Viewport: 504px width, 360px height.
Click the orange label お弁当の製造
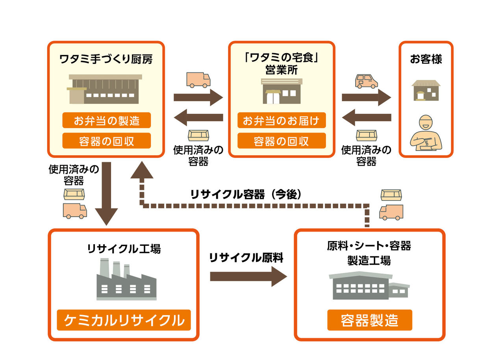(x=106, y=120)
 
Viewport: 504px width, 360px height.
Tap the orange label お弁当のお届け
(x=281, y=120)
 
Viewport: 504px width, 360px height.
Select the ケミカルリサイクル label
(x=124, y=320)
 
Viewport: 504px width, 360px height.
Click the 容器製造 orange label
(x=369, y=320)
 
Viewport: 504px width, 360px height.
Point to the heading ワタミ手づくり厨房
(x=106, y=59)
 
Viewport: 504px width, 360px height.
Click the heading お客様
(x=426, y=59)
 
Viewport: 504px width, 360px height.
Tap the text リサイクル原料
(x=246, y=258)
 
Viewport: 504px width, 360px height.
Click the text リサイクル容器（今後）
(x=246, y=194)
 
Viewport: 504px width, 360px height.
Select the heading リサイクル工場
(x=124, y=249)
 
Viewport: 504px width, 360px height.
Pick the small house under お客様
(x=426, y=90)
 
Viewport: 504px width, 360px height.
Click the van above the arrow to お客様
(x=366, y=81)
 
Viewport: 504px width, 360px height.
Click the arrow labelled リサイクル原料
(x=248, y=276)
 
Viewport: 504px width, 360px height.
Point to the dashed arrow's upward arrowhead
(x=141, y=171)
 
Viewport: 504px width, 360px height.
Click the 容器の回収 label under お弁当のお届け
(x=281, y=141)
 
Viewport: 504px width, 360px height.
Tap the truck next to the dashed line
(x=391, y=212)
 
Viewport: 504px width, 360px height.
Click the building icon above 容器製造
(x=369, y=286)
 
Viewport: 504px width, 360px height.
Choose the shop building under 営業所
(x=282, y=91)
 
